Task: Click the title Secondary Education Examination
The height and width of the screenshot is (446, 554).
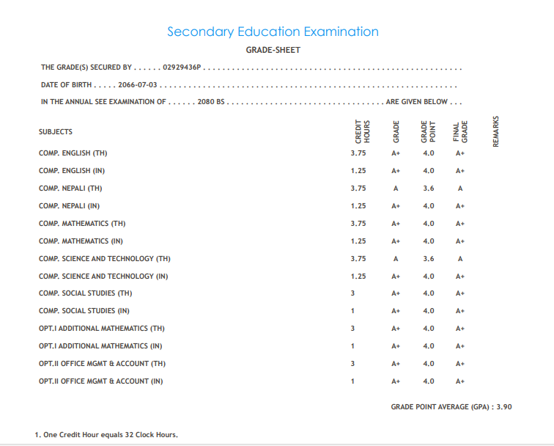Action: pyautogui.click(x=273, y=32)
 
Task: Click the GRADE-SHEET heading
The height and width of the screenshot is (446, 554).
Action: pyautogui.click(x=273, y=50)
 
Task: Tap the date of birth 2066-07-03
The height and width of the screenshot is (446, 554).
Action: pyautogui.click(x=138, y=85)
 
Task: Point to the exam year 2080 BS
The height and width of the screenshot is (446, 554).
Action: pyautogui.click(x=210, y=102)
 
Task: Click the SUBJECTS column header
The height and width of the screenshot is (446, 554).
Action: pyautogui.click(x=56, y=132)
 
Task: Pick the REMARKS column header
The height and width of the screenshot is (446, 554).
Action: pyautogui.click(x=496, y=131)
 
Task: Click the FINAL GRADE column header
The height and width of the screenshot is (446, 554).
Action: pyautogui.click(x=459, y=131)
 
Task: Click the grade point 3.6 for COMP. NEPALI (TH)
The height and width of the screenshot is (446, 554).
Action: pyautogui.click(x=429, y=188)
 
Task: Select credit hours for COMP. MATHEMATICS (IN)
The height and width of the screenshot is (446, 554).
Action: pyautogui.click(x=358, y=241)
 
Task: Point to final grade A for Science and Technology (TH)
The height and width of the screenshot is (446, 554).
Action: pyautogui.click(x=460, y=258)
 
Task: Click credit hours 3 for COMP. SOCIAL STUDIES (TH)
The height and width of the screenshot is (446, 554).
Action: pyautogui.click(x=352, y=293)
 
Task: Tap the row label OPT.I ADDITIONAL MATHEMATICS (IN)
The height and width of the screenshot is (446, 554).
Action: pyautogui.click(x=101, y=346)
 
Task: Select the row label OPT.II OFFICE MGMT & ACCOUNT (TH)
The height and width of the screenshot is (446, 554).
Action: pyautogui.click(x=102, y=363)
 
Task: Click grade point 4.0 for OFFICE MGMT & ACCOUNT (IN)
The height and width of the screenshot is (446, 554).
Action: pyautogui.click(x=429, y=381)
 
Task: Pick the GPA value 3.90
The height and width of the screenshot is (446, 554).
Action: pyautogui.click(x=504, y=406)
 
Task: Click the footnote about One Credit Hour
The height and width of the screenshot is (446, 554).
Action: pyautogui.click(x=106, y=435)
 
